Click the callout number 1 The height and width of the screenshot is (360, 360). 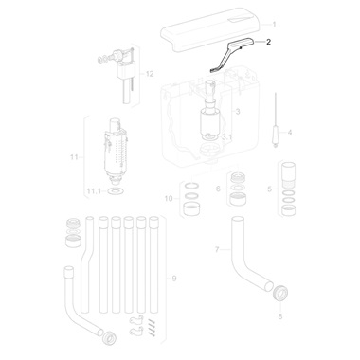(x=274, y=25)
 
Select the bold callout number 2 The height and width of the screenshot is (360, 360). (x=268, y=42)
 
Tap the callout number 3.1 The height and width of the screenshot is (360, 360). (x=226, y=137)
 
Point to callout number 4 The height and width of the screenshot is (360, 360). (x=289, y=132)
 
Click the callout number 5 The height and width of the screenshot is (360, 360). (x=269, y=189)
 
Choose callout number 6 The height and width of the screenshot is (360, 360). (x=218, y=189)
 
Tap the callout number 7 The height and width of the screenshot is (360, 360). (x=217, y=250)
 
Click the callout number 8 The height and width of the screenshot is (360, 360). (x=280, y=316)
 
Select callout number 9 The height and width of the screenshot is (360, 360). (x=174, y=279)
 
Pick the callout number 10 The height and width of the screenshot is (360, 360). (x=169, y=199)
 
